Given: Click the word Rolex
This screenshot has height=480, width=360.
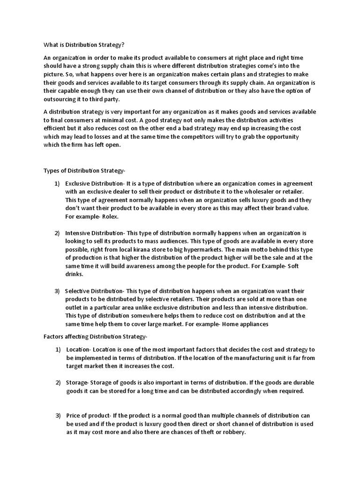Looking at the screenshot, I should click(109, 217).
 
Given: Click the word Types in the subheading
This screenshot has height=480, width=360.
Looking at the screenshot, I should click(52, 171).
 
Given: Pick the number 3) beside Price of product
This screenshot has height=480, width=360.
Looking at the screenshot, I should click(58, 416).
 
